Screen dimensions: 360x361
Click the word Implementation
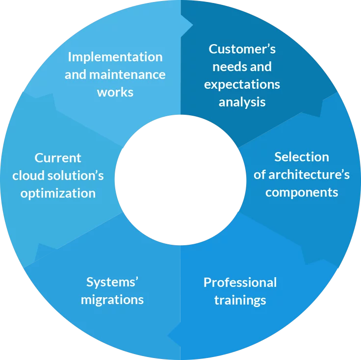click(x=115, y=57)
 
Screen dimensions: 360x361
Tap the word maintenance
click(x=127, y=75)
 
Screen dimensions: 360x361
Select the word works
click(x=115, y=92)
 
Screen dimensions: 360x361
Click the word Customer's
click(x=242, y=49)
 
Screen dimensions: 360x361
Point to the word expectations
click(x=242, y=84)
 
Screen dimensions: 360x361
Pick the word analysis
click(x=242, y=102)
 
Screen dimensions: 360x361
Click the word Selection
click(x=302, y=157)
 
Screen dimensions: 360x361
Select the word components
click(x=302, y=192)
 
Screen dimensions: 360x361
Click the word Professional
click(x=240, y=283)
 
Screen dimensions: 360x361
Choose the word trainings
click(x=240, y=300)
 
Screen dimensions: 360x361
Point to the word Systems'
click(x=112, y=282)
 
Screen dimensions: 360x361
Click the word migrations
click(x=112, y=300)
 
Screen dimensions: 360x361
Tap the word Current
click(x=58, y=158)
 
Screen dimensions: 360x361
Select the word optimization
click(x=58, y=193)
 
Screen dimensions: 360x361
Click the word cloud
click(x=27, y=176)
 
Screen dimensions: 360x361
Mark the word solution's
click(x=74, y=176)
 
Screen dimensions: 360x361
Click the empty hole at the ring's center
click(x=180, y=180)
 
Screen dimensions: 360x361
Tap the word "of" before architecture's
click(x=259, y=175)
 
